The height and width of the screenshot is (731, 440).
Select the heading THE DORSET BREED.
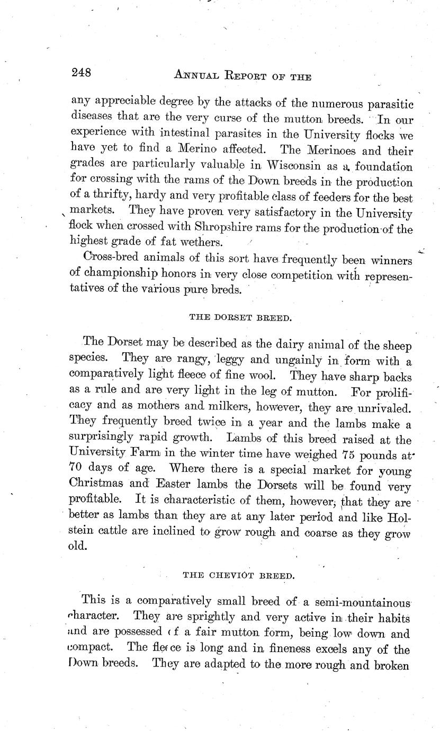point(240,318)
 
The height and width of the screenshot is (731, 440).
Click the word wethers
point(199,243)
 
